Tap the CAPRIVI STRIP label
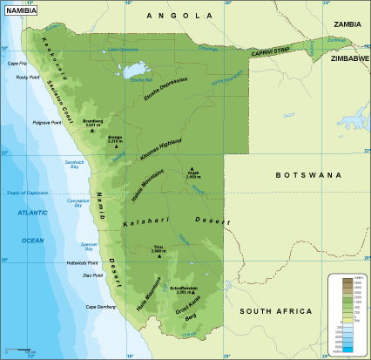271,52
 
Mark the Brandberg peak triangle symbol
92,132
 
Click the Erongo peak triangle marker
116,147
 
